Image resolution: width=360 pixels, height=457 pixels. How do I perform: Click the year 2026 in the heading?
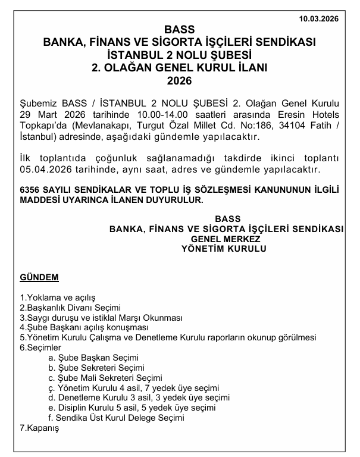click(179, 80)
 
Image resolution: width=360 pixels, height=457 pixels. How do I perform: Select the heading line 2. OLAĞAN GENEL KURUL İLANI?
click(179, 67)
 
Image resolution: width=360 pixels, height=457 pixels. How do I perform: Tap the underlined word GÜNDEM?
click(39, 277)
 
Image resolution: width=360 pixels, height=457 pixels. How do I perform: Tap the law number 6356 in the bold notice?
click(30, 190)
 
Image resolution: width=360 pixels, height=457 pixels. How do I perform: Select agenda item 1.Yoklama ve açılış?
click(58, 297)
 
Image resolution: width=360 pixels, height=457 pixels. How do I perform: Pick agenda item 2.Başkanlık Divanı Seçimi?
click(71, 308)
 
